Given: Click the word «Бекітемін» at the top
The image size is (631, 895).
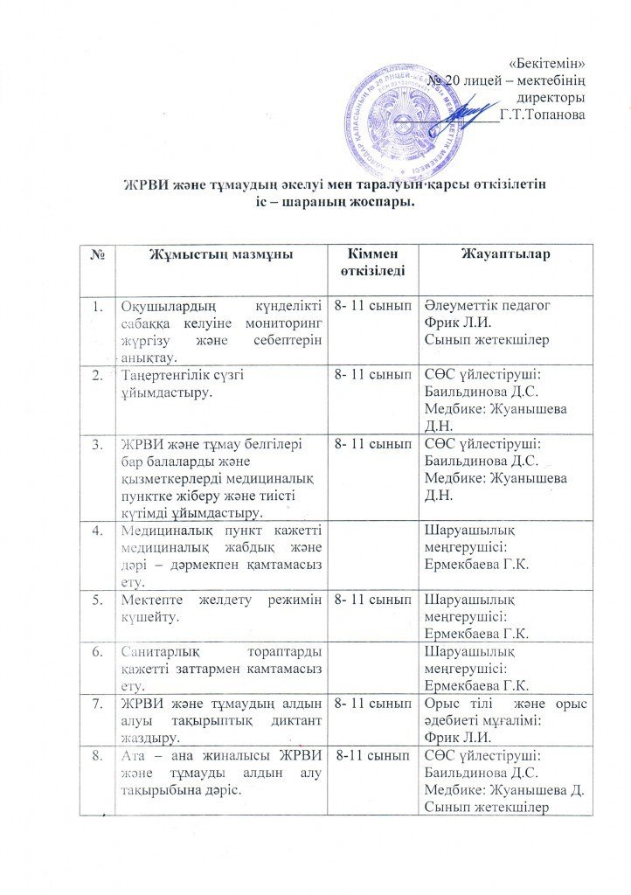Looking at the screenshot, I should tap(546, 63).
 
